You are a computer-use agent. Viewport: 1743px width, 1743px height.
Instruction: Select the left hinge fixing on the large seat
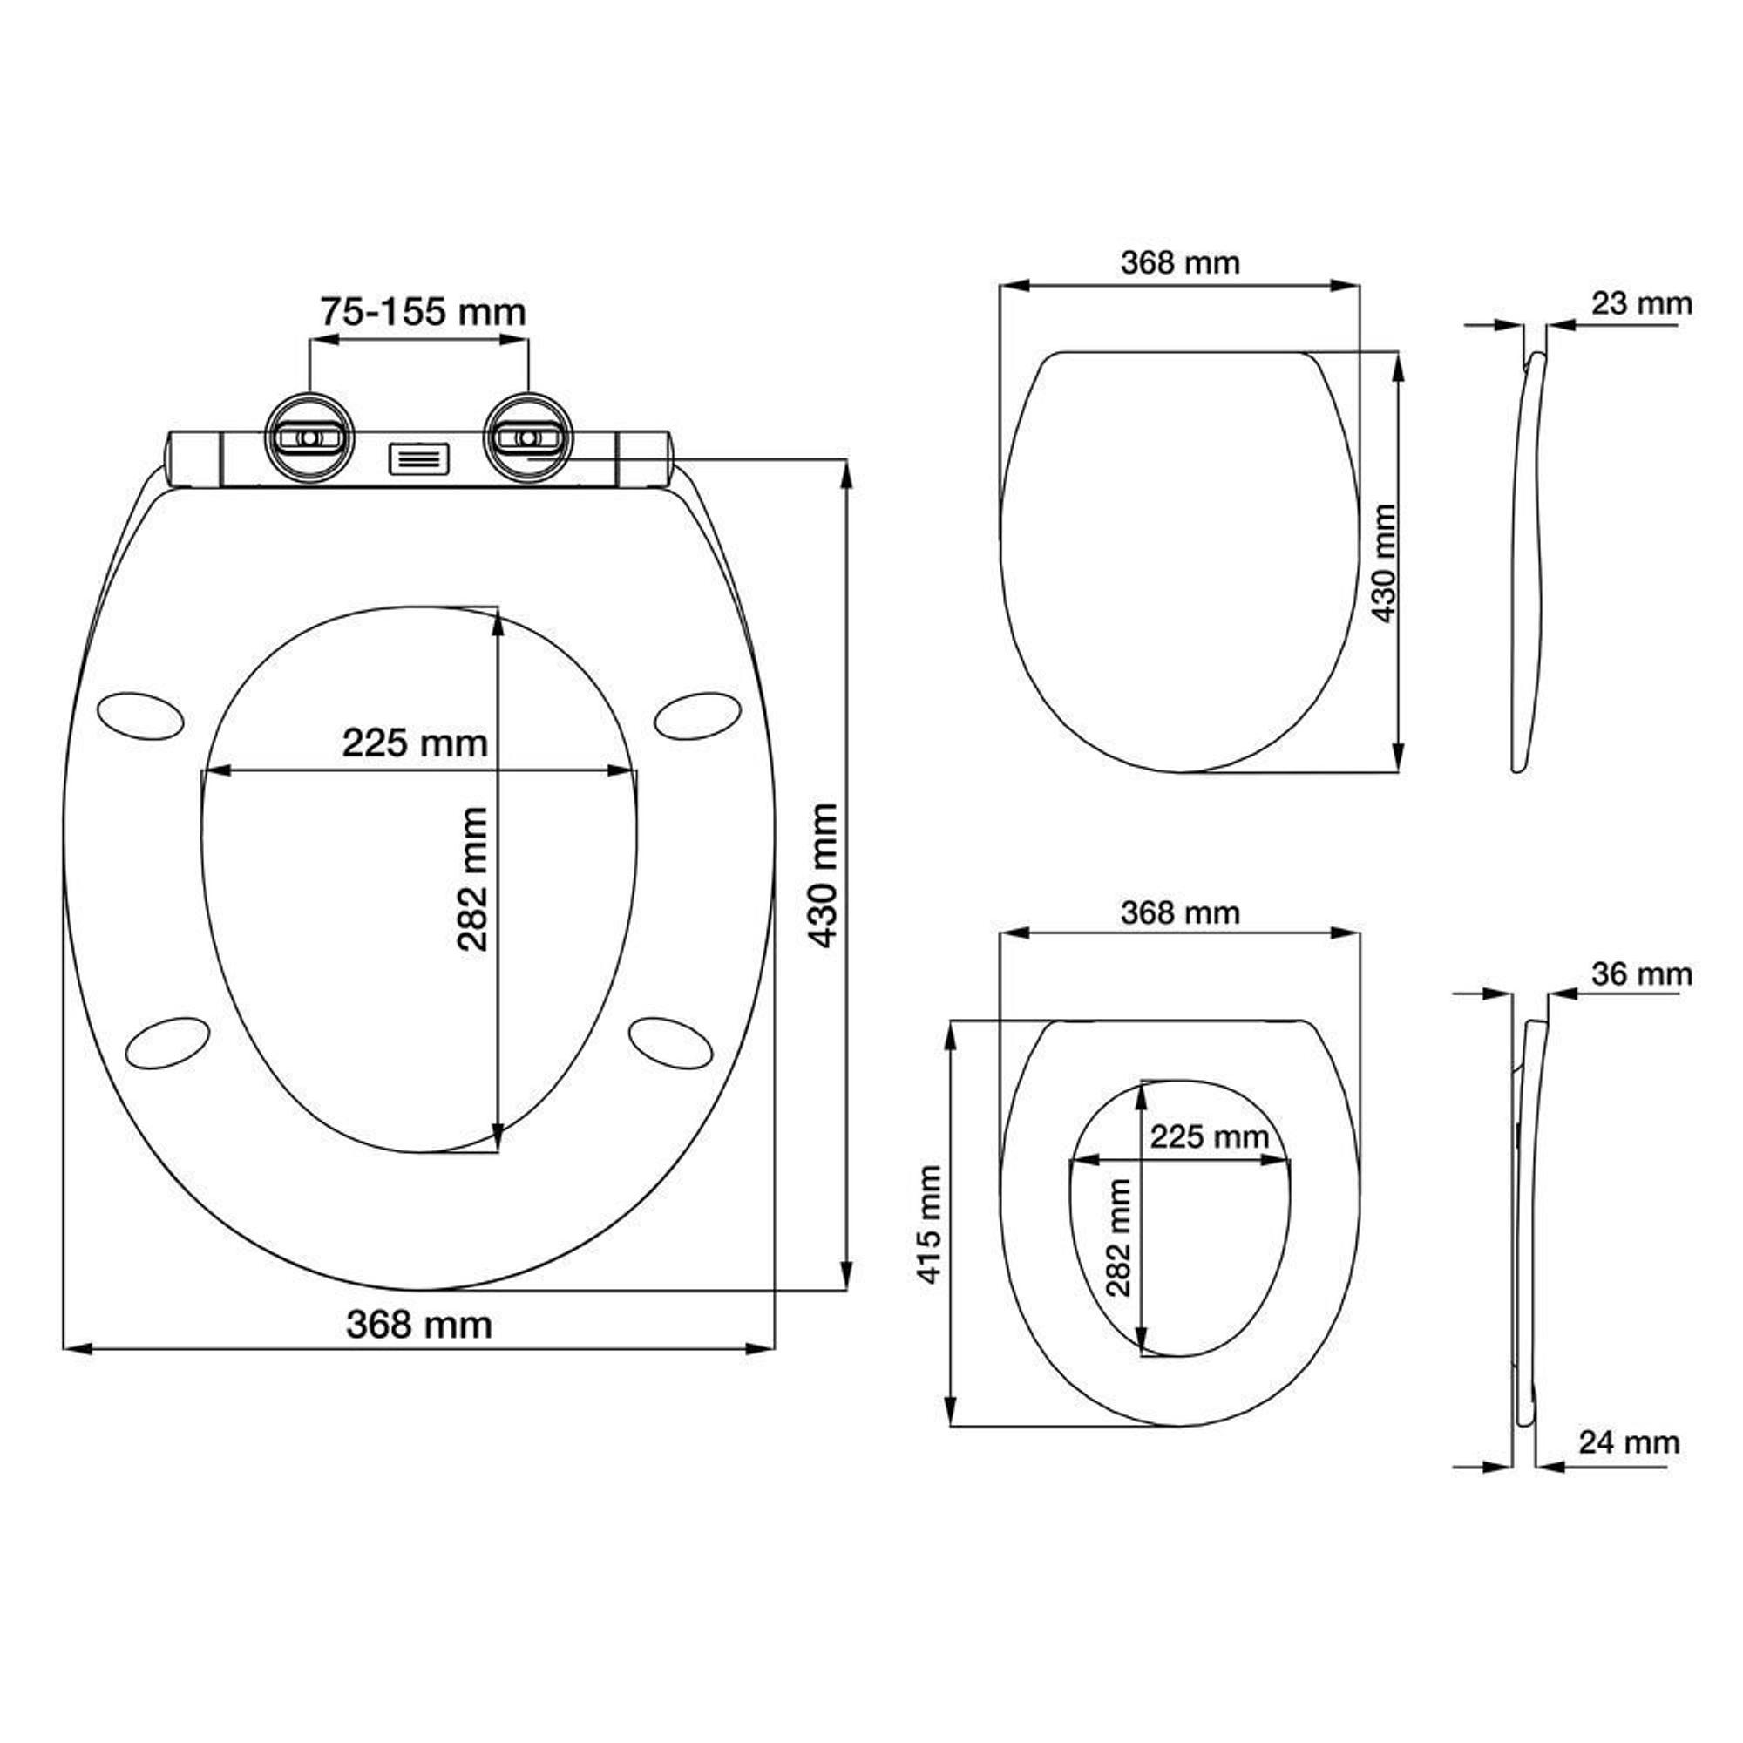[x=309, y=437]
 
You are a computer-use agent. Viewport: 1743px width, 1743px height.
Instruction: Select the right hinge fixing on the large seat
[x=528, y=437]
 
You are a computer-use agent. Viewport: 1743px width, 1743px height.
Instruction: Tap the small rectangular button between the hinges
[x=419, y=458]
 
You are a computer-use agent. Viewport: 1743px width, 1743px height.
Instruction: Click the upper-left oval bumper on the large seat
[x=139, y=716]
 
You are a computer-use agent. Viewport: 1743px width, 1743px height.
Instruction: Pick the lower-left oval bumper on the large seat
[x=168, y=1043]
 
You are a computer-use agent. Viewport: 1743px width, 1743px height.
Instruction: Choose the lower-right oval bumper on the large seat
[x=670, y=1043]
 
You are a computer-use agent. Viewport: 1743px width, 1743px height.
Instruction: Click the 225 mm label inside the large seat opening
[x=415, y=743]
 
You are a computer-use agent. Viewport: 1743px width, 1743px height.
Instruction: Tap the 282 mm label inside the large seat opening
[x=472, y=879]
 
